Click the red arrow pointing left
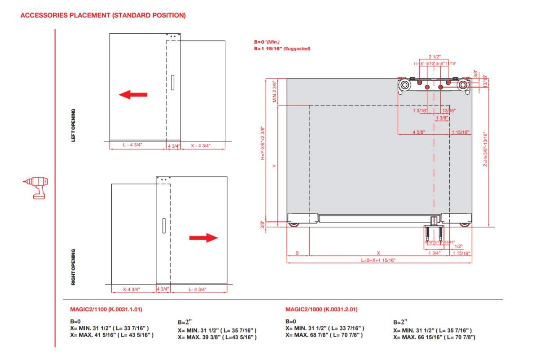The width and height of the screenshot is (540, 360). pos(133,94)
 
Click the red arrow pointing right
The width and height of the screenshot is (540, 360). pos(203,238)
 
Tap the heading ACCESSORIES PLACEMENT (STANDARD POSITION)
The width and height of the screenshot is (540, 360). pos(103,15)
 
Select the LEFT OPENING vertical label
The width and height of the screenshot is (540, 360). pos(73,125)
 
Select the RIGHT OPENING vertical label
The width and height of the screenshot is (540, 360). pos(73,267)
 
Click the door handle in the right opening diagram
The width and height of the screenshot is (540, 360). pos(164,226)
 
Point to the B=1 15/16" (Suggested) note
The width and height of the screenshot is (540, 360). pos(282,48)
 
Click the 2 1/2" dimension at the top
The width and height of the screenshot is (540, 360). pos(435,57)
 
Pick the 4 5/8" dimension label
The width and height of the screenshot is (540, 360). pos(420,132)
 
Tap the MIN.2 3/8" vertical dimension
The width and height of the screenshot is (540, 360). pos(275,92)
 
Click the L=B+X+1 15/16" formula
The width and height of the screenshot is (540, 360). pos(378,260)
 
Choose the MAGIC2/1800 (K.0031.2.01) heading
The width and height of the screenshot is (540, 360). pos(321,310)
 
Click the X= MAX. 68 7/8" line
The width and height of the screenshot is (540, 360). pos(324,335)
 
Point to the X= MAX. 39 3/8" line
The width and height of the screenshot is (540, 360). pos(217,337)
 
